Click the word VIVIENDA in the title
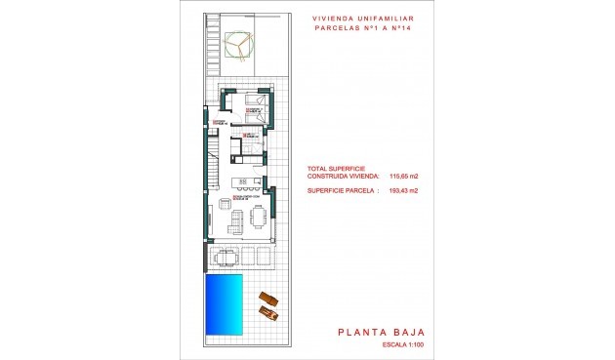334,18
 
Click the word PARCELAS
337,28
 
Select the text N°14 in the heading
413,28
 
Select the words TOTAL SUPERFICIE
335,168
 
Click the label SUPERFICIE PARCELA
343,191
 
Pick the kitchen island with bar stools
244,183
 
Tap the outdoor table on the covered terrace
226,257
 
